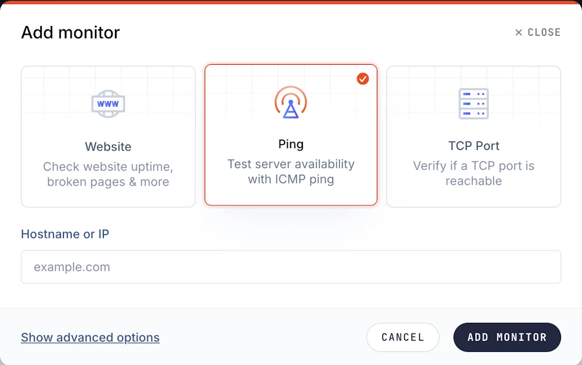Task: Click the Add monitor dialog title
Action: pyautogui.click(x=70, y=32)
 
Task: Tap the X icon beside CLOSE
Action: pyautogui.click(x=518, y=32)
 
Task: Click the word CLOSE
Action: pyautogui.click(x=544, y=32)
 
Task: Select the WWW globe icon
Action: pyautogui.click(x=108, y=104)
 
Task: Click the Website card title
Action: pyautogui.click(x=108, y=147)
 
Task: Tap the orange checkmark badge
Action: pyautogui.click(x=363, y=78)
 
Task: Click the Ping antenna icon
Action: pyautogui.click(x=290, y=102)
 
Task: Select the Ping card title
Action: pyautogui.click(x=291, y=144)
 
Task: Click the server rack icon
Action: pyautogui.click(x=473, y=104)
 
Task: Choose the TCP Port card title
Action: pyautogui.click(x=473, y=146)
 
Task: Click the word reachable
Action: pyautogui.click(x=473, y=181)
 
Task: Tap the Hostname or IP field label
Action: pyautogui.click(x=65, y=234)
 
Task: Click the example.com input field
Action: pyautogui.click(x=291, y=267)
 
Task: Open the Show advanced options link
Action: pyautogui.click(x=90, y=337)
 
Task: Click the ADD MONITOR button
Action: pyautogui.click(x=507, y=337)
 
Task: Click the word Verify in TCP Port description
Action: pyautogui.click(x=430, y=166)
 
